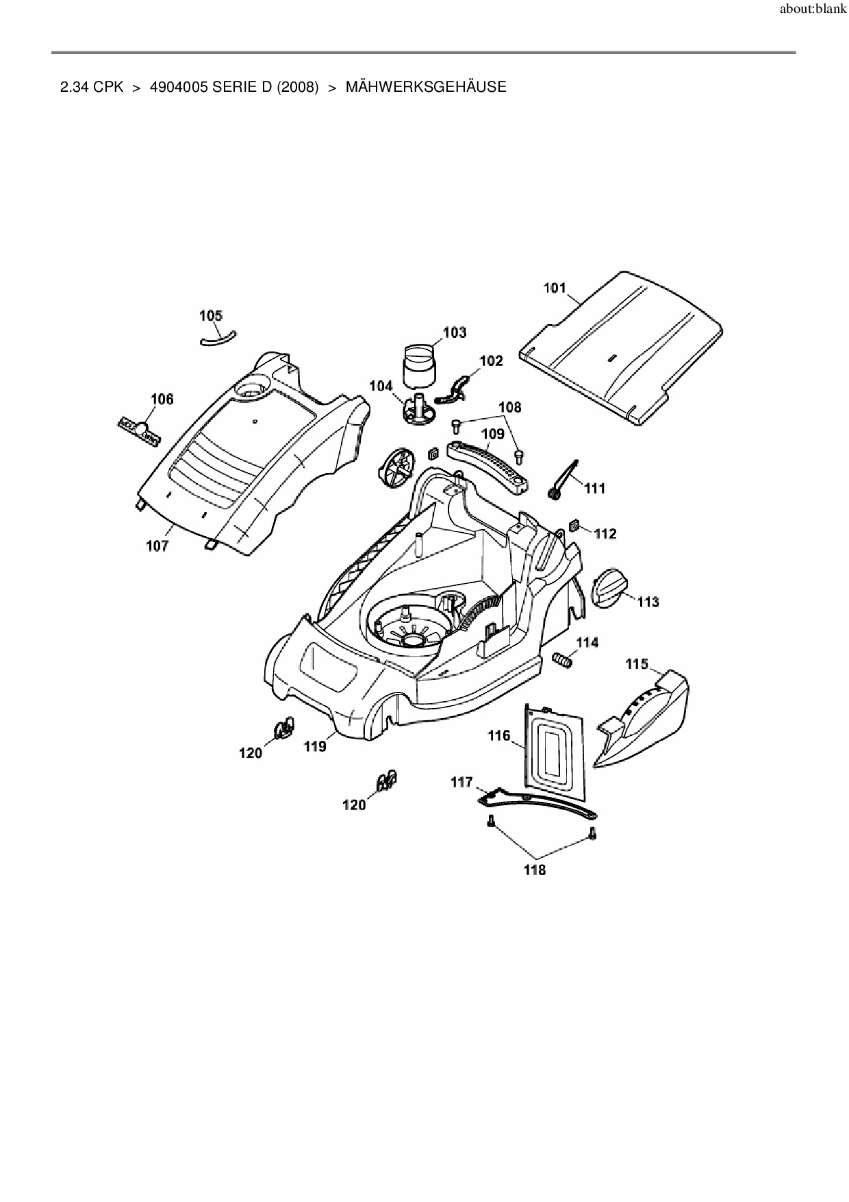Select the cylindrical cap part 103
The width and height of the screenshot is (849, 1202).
coord(418,365)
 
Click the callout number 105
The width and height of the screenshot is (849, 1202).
coord(211,315)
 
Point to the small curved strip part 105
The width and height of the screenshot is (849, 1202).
coord(217,338)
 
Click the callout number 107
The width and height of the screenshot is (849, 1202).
coord(157,546)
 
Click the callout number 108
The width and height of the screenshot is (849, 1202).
coord(509,407)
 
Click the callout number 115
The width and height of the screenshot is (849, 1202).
coord(637,664)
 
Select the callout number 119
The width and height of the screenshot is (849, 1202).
coord(315,746)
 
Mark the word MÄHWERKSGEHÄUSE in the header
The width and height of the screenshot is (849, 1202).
coord(426,87)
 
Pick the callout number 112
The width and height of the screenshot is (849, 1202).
coord(605,533)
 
